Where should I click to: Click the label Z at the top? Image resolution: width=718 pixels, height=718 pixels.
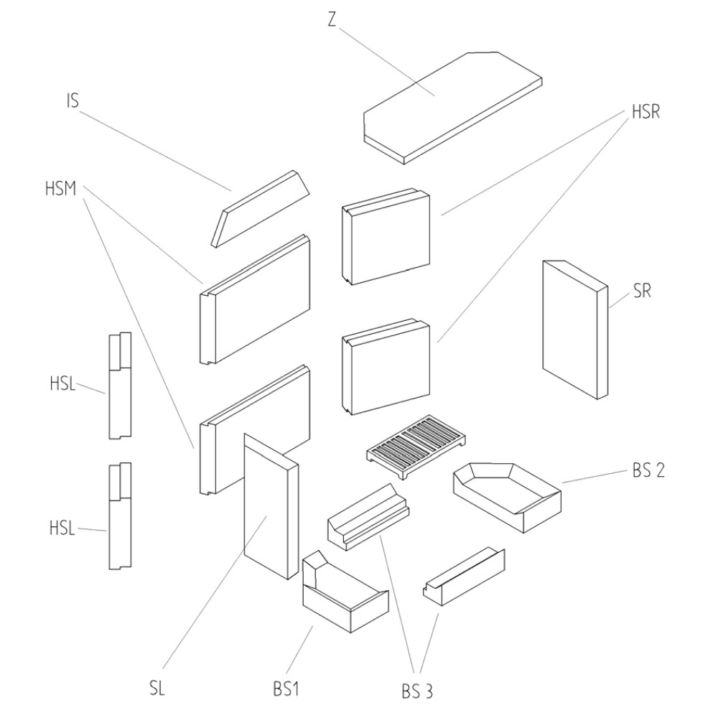[x=331, y=20]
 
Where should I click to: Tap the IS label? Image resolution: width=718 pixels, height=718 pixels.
[x=72, y=101]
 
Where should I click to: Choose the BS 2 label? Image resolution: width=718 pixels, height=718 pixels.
[x=648, y=472]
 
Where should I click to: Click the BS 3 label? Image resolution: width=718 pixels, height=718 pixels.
[x=416, y=691]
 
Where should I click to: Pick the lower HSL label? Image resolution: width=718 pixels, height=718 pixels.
[x=62, y=528]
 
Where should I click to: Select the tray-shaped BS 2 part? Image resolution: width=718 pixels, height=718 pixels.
[x=506, y=495]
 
